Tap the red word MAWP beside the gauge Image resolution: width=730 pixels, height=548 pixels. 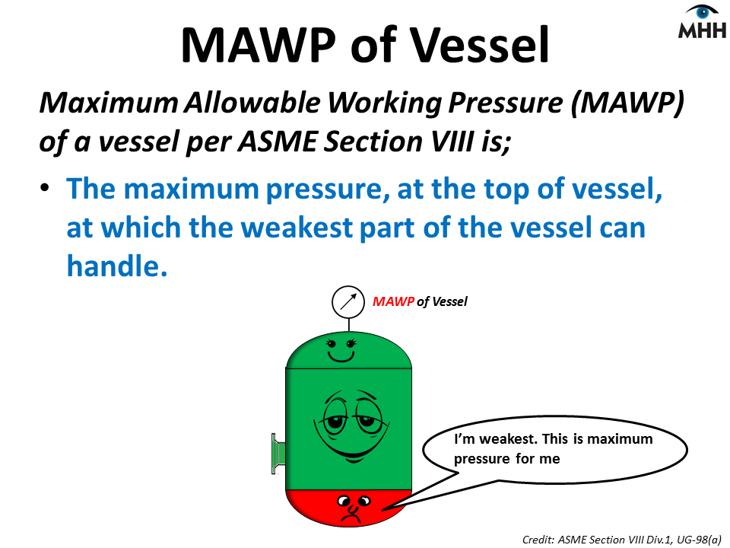pyautogui.click(x=393, y=301)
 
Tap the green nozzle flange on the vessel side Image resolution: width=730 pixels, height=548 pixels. pyautogui.click(x=277, y=451)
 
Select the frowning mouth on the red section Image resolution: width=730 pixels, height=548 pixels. pyautogui.click(x=351, y=515)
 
